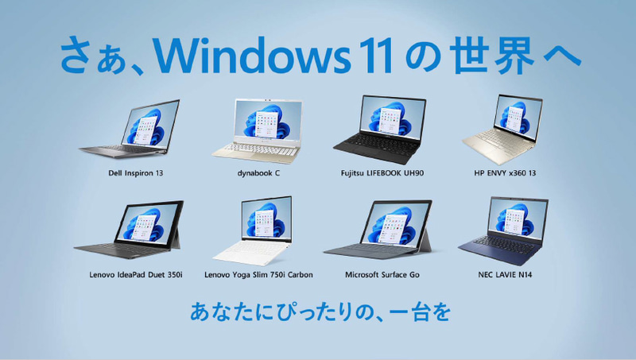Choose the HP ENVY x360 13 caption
pos(504,172)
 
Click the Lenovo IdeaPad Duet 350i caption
pos(136,274)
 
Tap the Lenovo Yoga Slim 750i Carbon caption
pos(258,274)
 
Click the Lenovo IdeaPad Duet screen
pos(146,225)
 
